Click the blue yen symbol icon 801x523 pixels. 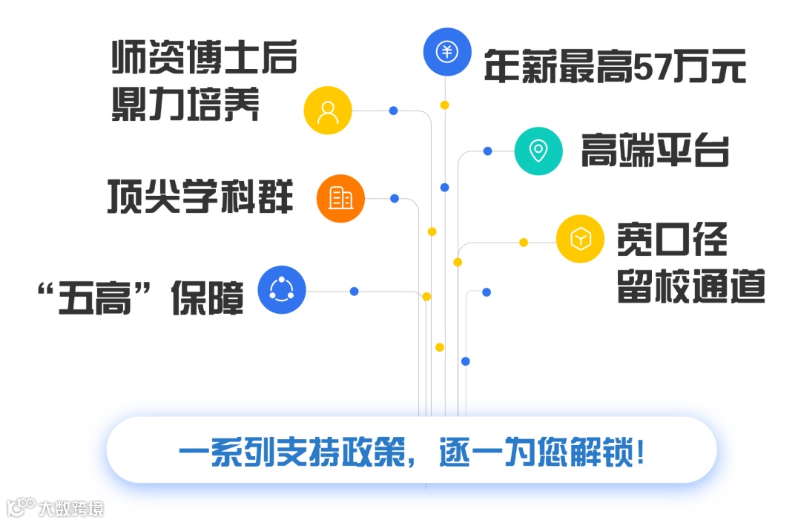[447, 52]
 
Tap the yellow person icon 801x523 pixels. [328, 111]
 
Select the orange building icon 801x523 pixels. [341, 198]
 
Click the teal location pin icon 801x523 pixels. [538, 151]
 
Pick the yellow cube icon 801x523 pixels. [581, 239]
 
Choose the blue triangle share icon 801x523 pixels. [282, 289]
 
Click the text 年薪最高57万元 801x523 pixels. [615, 66]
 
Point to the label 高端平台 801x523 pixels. [655, 151]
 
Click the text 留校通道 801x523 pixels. [690, 286]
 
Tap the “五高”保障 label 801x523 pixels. [141, 297]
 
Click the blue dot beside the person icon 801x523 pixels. [394, 111]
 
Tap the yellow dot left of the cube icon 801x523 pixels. [524, 242]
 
